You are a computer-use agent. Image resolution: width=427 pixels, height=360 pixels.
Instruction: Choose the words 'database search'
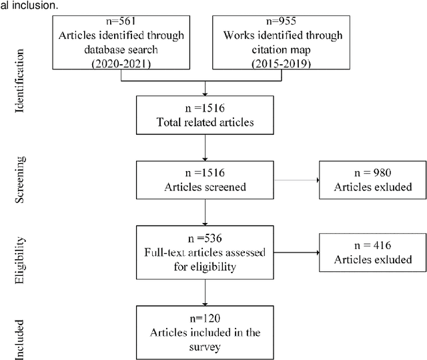pyautogui.click(x=121, y=49)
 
